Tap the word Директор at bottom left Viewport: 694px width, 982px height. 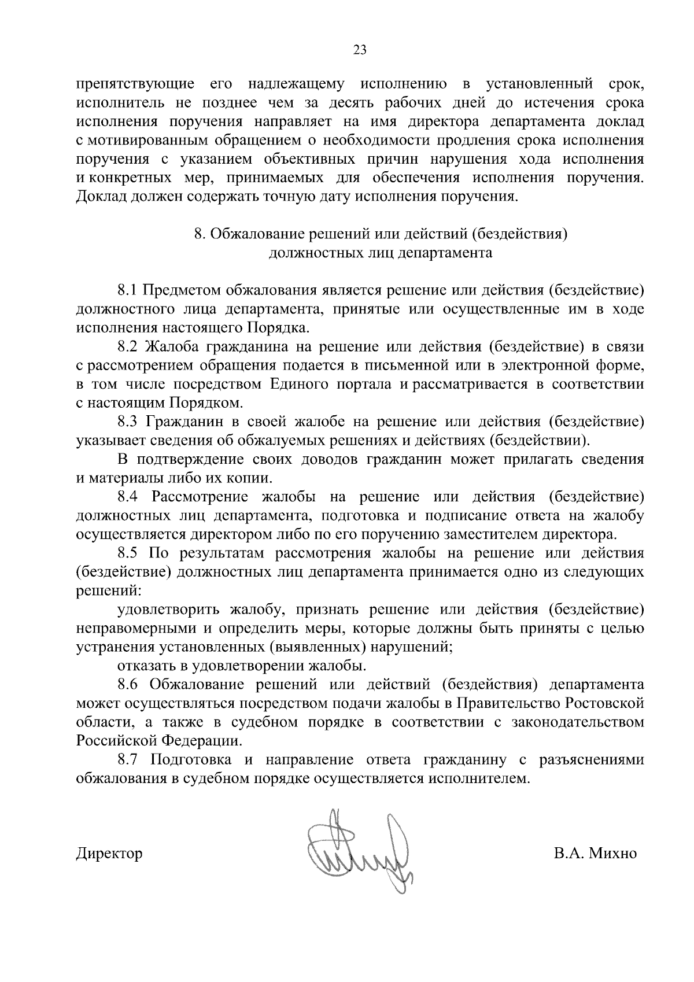click(x=109, y=854)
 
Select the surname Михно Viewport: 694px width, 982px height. click(x=612, y=854)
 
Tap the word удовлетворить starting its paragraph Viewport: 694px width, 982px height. click(x=168, y=610)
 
